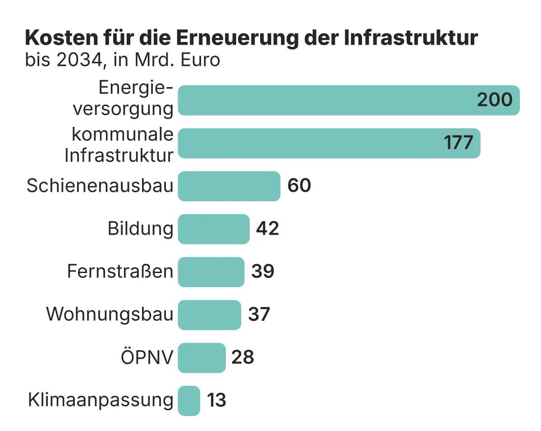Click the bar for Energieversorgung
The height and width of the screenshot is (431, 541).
point(325,100)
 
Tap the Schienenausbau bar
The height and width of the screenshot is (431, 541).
point(229,186)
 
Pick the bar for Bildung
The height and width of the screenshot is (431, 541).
point(214,229)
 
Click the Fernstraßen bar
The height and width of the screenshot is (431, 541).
point(211,272)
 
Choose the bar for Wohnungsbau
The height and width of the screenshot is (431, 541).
point(210,315)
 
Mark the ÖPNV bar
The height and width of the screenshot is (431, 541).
point(202,357)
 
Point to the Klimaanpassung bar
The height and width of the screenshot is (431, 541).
point(189,400)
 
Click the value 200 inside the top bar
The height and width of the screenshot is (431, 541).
point(495,100)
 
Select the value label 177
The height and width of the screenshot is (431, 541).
point(458,143)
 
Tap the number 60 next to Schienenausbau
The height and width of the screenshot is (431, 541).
point(299,186)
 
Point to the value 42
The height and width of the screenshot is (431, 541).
point(268,229)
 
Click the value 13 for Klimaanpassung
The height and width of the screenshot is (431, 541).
point(216,400)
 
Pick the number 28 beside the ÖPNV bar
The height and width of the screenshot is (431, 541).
point(243,357)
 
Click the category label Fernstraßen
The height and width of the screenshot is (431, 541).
point(120,272)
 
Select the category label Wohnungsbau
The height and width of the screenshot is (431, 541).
point(110,315)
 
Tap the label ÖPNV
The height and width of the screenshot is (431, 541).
point(147,358)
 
